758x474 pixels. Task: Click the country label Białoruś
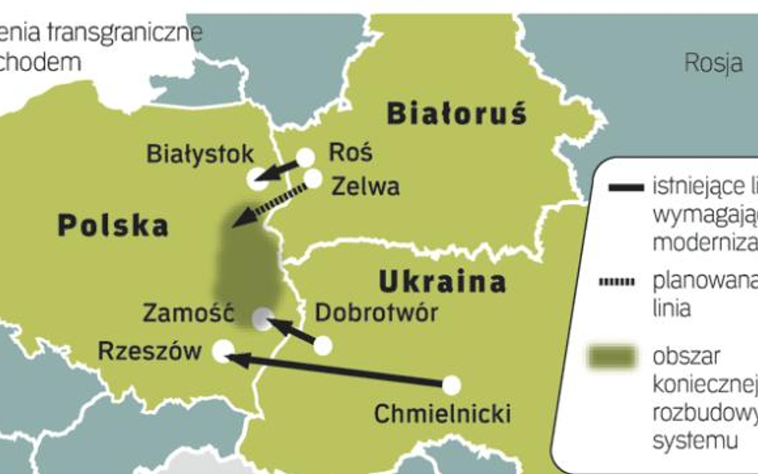457,114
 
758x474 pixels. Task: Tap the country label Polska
113,225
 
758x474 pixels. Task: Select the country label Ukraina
441,281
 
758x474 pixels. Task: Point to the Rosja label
713,63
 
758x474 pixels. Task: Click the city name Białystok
200,153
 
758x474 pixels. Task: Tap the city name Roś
350,152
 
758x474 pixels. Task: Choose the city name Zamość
187,313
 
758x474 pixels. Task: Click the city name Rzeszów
150,350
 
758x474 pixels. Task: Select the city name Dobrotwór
377,312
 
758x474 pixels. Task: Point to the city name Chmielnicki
442,414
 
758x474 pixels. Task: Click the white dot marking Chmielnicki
452,385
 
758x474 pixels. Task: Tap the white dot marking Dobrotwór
322,345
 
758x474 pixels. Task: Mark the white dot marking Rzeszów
223,349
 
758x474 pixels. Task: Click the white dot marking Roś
305,157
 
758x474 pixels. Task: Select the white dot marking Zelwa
313,178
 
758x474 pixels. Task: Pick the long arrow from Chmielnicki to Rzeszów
336,369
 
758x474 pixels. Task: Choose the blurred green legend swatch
612,357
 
